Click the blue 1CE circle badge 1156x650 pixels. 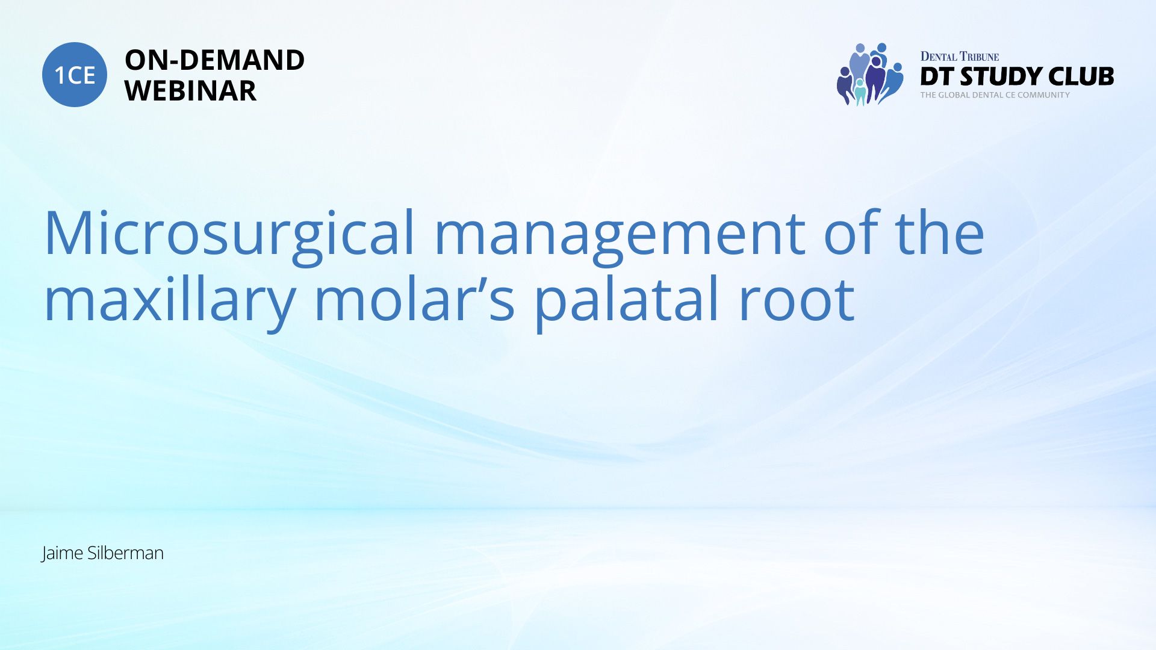click(x=75, y=75)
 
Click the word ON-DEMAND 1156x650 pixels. click(x=214, y=60)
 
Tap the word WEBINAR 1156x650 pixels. click(x=190, y=91)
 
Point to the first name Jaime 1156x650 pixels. click(x=63, y=553)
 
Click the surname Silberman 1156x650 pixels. click(x=125, y=552)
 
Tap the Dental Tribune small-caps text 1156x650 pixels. click(x=960, y=57)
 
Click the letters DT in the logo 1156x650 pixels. click(x=937, y=76)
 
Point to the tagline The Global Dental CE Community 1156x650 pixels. click(x=995, y=95)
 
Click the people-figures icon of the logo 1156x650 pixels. click(x=870, y=74)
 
